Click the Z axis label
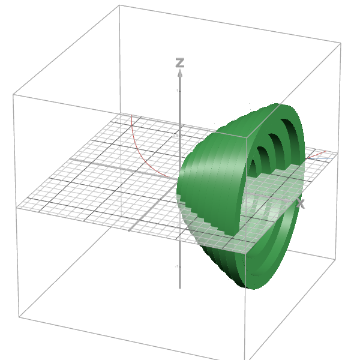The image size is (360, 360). (179, 62)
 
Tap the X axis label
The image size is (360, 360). (301, 205)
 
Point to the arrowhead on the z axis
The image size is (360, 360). (179, 73)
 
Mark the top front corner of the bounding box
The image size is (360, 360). (246, 136)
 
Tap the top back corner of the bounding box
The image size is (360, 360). (119, 5)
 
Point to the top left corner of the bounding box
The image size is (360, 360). (13, 94)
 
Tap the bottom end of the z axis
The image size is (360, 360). (179, 287)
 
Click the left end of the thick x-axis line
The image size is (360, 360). (70, 159)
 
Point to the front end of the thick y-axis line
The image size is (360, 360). (130, 230)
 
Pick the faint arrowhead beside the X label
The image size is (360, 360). (294, 202)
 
